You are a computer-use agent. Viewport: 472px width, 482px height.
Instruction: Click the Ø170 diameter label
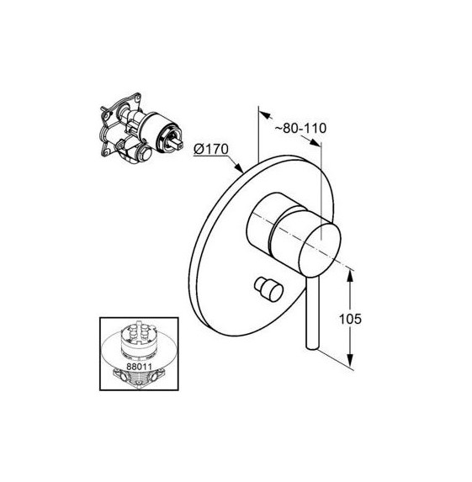[x=211, y=150]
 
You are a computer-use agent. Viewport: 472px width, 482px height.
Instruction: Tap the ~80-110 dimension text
[x=300, y=128]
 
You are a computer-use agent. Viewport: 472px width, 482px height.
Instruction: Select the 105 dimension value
[x=350, y=319]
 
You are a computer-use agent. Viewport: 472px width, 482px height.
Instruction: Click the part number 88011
[x=140, y=367]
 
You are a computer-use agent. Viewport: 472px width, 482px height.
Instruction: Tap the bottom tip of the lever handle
[x=312, y=349]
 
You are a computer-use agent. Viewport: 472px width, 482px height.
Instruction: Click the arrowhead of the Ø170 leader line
[x=239, y=167]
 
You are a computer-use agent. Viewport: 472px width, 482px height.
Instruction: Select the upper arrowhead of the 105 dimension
[x=350, y=275]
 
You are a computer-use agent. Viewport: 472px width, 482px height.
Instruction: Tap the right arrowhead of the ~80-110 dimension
[x=314, y=142]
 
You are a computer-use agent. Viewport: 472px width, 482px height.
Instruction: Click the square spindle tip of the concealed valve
[x=178, y=142]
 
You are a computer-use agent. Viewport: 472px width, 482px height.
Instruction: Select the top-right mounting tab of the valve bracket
[x=135, y=98]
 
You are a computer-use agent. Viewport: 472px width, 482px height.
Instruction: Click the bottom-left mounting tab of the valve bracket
[x=108, y=152]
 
